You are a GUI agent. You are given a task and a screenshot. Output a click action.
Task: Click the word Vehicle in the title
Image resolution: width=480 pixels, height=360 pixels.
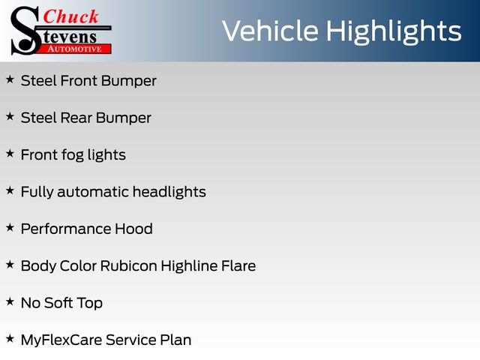(x=270, y=31)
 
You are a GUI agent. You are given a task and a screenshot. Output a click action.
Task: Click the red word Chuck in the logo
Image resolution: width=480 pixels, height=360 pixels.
(x=70, y=16)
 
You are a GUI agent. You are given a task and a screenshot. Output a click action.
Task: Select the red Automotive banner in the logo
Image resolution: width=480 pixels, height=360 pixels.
(x=75, y=49)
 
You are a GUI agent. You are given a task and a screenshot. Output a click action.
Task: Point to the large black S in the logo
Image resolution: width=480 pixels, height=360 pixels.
(x=25, y=31)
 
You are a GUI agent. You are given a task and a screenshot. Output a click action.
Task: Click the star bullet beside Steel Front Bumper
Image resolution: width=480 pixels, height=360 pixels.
(x=10, y=79)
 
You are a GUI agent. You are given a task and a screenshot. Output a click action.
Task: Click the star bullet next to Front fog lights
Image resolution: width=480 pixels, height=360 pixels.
(x=10, y=153)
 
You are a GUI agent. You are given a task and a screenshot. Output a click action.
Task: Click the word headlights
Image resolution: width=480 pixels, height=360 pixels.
(x=169, y=192)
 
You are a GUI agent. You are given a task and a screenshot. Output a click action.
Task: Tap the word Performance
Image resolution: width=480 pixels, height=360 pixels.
(x=66, y=229)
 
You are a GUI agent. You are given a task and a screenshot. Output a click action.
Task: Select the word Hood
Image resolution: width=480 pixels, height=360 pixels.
(x=133, y=229)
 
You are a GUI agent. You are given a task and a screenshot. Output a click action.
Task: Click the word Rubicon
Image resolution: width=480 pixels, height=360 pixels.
(x=128, y=265)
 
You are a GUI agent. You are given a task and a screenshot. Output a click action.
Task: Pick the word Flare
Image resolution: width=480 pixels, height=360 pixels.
(x=238, y=265)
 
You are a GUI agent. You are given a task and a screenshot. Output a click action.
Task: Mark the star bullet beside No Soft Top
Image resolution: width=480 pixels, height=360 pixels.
(x=10, y=301)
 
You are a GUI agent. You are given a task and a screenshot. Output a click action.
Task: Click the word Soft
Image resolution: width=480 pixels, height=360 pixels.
(x=58, y=303)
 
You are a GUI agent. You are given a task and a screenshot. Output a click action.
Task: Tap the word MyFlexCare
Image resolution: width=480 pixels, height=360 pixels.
(x=61, y=340)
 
